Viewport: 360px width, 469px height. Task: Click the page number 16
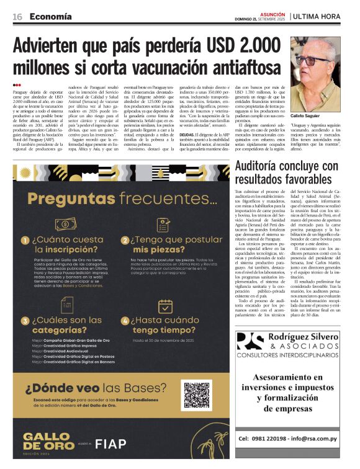(x=17, y=17)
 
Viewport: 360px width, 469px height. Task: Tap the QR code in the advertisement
(x=197, y=396)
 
